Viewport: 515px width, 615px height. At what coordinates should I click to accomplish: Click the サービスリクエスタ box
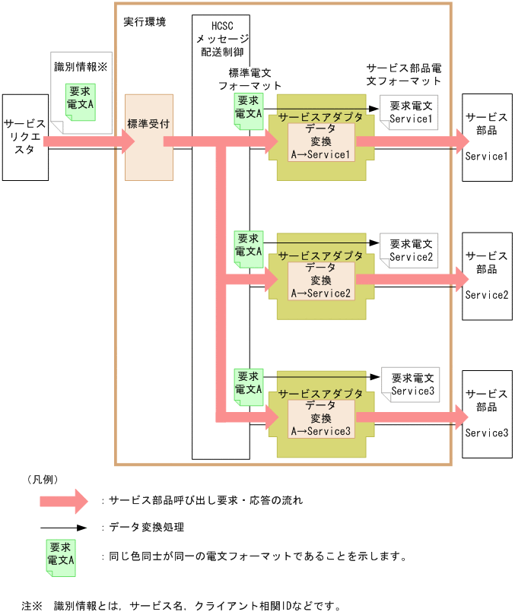pos(24,137)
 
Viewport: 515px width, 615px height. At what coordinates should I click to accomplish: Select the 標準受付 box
pos(148,137)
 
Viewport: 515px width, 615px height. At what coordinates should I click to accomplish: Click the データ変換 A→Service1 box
pos(320,141)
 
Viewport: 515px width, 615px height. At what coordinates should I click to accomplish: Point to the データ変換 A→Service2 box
pos(320,280)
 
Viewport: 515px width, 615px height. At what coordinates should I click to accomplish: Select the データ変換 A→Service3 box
pos(320,417)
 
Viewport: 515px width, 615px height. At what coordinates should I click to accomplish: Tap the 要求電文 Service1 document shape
pos(410,113)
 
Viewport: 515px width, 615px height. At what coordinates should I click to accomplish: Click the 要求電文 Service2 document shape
pos(411,251)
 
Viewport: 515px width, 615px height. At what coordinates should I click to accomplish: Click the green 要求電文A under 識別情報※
pos(80,100)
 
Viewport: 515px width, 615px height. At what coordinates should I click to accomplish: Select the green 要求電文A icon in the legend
pos(60,555)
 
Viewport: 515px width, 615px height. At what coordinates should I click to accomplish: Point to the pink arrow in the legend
pos(65,500)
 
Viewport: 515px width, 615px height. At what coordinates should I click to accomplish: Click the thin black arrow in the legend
pos(65,527)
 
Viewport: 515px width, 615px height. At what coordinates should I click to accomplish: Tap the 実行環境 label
pos(145,21)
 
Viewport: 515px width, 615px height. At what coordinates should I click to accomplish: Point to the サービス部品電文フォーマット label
pos(404,74)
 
